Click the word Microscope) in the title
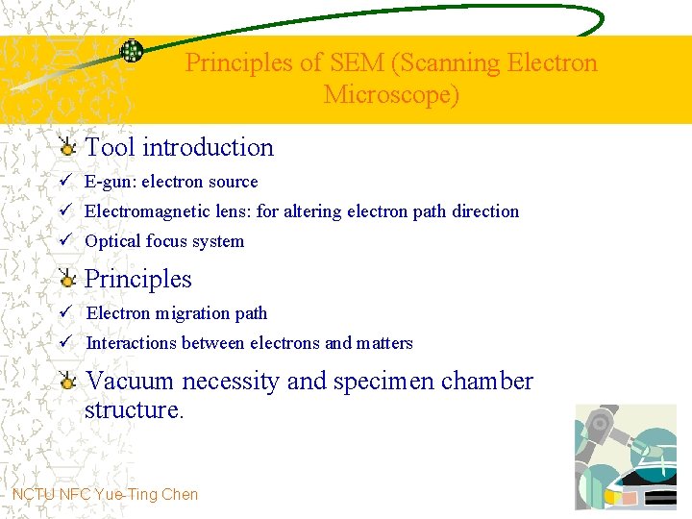coord(392,95)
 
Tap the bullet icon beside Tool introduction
coord(66,147)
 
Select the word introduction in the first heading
coord(208,147)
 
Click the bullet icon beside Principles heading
coord(66,280)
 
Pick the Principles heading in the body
coord(138,280)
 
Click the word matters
coord(384,343)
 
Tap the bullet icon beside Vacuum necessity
coord(66,382)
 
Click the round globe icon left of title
coord(131,52)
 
